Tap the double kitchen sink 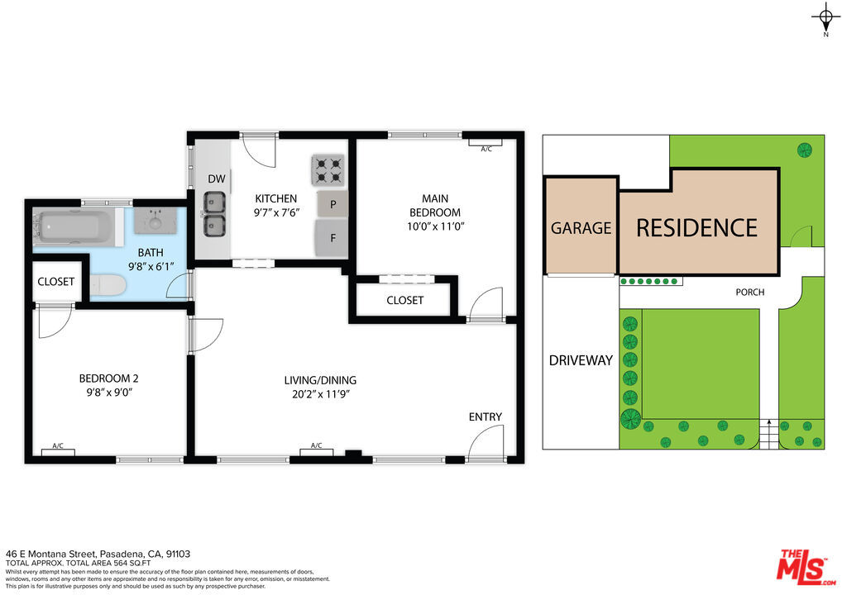[215, 212]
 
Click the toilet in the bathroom [108, 286]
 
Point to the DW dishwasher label [217, 179]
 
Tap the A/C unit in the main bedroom [486, 149]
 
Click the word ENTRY [485, 417]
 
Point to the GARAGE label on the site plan [581, 228]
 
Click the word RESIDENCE [696, 227]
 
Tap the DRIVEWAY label [581, 360]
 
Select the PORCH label [749, 293]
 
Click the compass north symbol [825, 17]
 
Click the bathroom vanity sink [154, 221]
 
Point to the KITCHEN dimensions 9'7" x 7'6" [276, 212]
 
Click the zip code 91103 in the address [179, 554]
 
